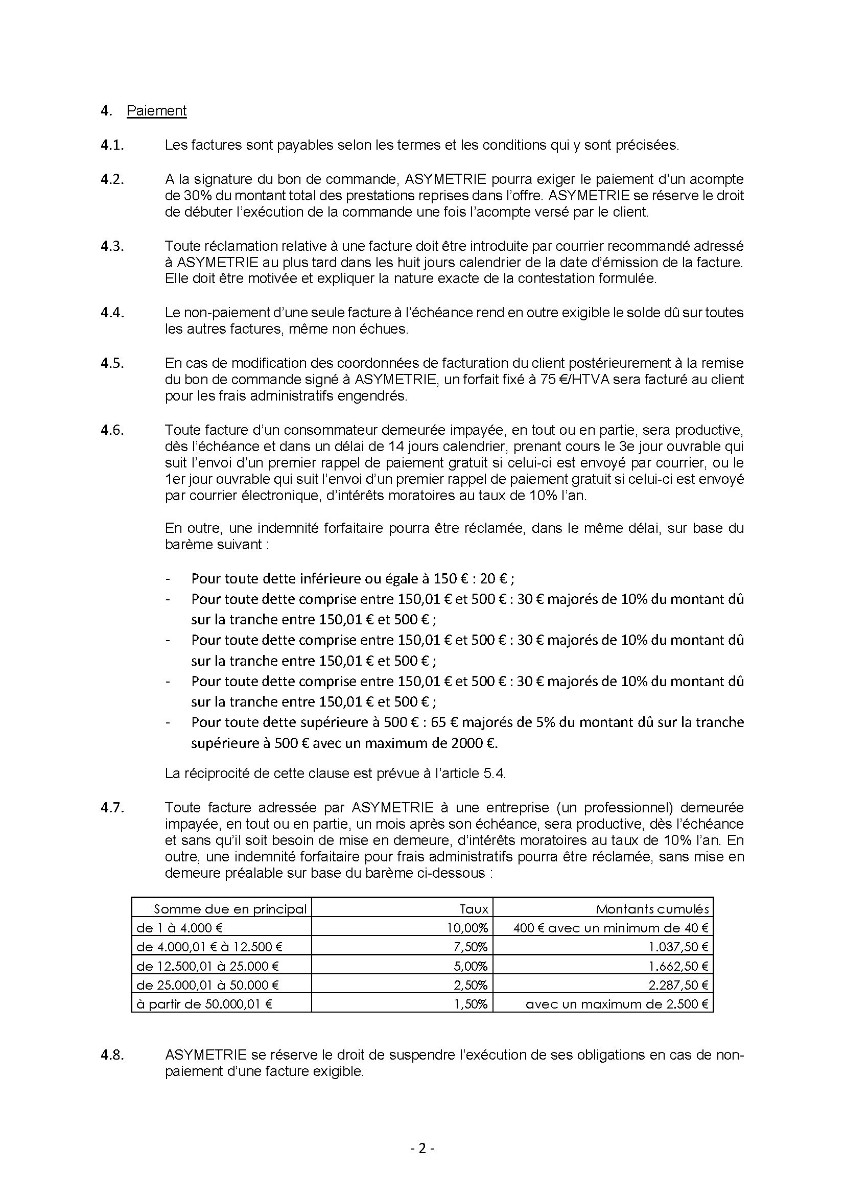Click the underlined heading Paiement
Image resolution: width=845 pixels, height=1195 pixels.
point(156,111)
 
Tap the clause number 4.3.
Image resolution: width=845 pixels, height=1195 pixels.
point(112,246)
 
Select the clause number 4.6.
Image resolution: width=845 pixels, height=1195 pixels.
point(112,430)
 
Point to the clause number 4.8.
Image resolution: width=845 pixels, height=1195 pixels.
point(112,1055)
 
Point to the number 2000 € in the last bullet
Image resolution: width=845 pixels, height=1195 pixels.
point(472,743)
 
